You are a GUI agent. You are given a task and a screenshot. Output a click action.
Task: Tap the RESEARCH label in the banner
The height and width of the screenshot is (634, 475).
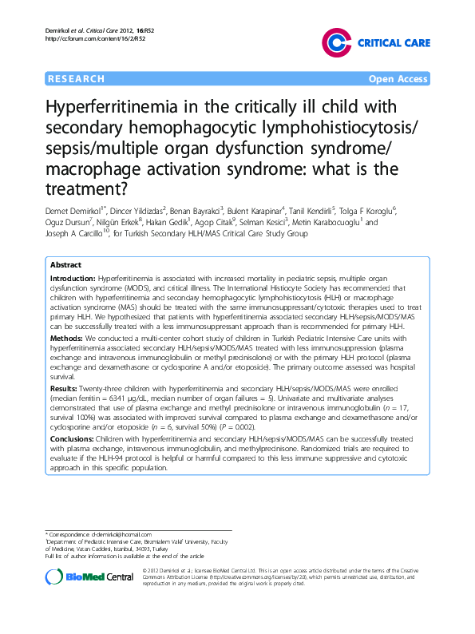pos(77,79)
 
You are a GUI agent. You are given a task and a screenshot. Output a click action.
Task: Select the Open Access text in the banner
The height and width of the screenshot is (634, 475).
pos(397,79)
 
